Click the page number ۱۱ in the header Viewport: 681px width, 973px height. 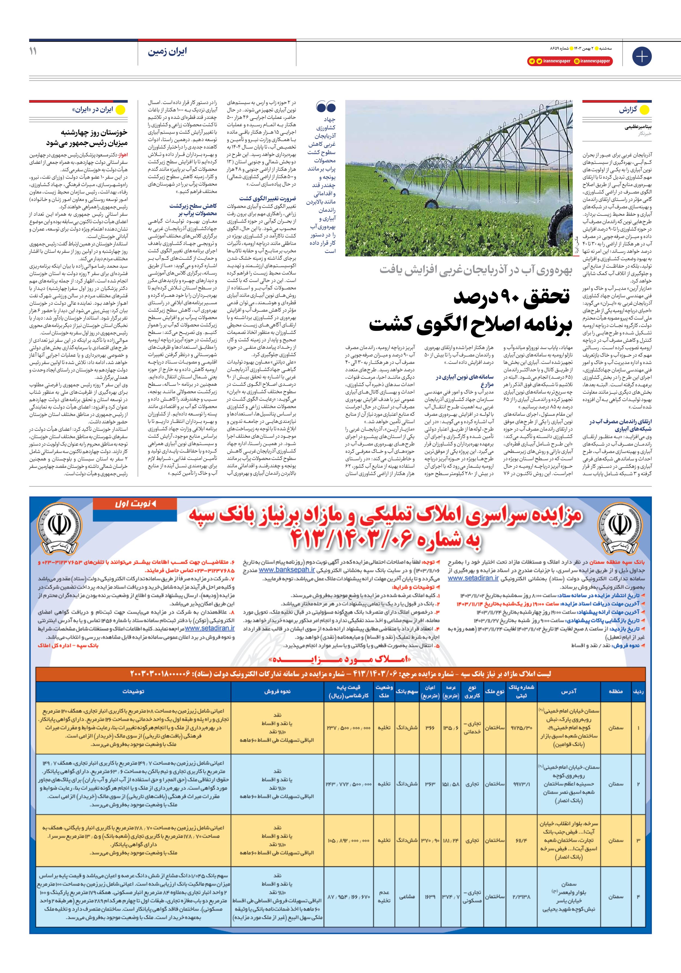(x=33, y=51)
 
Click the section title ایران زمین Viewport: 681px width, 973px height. (x=167, y=52)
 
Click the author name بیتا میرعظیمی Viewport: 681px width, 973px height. (x=638, y=127)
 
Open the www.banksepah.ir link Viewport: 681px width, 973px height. (x=287, y=570)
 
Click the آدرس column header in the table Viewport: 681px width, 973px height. (x=569, y=691)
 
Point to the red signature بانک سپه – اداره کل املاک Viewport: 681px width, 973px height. (x=68, y=645)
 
